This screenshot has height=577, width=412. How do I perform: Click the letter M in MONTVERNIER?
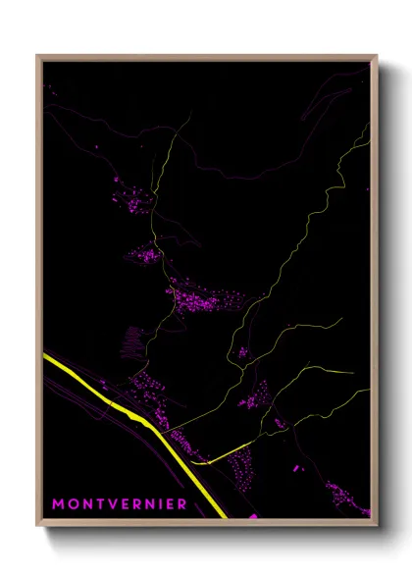(x=58, y=504)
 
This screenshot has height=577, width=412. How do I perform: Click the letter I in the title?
(x=158, y=504)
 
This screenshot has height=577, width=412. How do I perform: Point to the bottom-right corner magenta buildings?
(x=348, y=496)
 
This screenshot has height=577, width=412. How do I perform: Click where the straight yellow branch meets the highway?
(x=203, y=461)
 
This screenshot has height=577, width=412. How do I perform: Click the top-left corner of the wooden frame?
(x=37, y=56)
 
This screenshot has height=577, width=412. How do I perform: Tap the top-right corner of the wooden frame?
(x=377, y=56)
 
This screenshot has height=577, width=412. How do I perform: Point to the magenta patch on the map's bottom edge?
(x=252, y=515)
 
